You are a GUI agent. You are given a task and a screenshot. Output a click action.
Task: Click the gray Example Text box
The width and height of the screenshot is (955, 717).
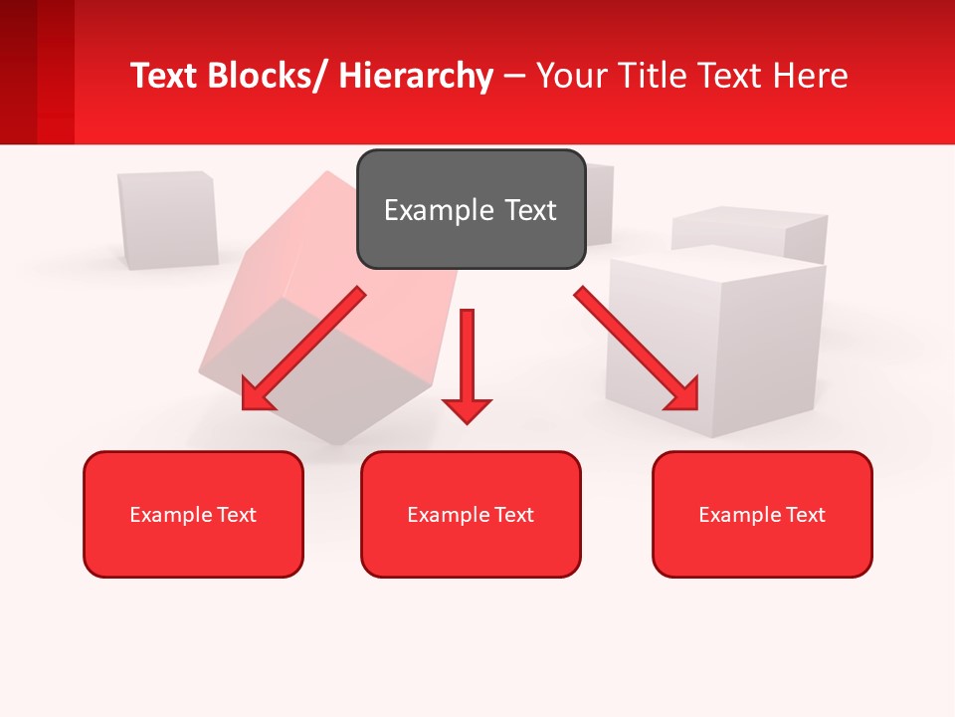point(471,209)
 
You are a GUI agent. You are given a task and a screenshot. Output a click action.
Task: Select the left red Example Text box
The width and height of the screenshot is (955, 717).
point(193,514)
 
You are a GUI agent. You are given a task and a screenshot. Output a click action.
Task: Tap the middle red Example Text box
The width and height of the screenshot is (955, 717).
point(471,514)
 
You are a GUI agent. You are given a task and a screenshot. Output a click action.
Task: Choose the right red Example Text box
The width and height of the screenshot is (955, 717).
point(762,514)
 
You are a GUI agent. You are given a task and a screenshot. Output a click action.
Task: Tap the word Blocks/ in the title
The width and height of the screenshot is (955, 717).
point(268,76)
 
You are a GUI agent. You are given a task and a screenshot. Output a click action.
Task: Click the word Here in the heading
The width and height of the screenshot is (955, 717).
point(812,76)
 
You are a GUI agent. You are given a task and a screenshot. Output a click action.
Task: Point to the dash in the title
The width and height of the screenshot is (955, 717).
point(514,77)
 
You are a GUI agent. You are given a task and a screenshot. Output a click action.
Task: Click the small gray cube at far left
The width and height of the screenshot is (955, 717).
point(167,219)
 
